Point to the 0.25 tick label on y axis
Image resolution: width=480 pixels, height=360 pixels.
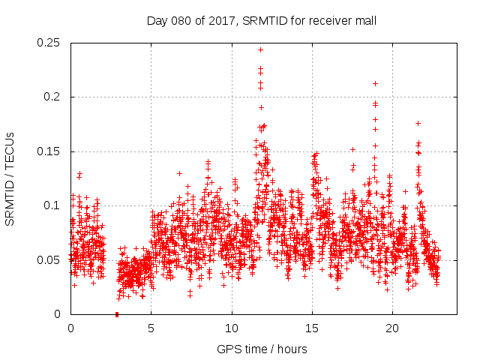click(x=50, y=43)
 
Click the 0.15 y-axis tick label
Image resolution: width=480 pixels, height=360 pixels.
click(x=50, y=151)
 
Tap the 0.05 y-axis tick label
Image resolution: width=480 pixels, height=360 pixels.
click(x=50, y=260)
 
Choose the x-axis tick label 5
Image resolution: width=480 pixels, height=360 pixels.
click(x=151, y=328)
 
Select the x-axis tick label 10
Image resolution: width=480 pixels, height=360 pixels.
click(x=232, y=328)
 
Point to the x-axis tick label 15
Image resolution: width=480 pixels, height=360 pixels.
click(x=312, y=328)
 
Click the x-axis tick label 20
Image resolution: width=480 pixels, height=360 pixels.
click(x=392, y=328)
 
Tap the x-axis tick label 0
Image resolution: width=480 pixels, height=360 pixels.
click(x=70, y=328)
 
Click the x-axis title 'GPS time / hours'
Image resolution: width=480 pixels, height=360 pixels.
click(x=262, y=349)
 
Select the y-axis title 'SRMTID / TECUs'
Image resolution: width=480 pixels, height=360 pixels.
click(x=10, y=178)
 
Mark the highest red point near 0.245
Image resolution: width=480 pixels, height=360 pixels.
click(x=260, y=49)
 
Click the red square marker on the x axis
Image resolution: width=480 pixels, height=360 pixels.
click(x=116, y=314)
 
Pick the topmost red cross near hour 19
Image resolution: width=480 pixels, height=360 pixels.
click(x=375, y=83)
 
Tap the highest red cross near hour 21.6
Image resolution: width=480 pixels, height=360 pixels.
click(x=418, y=123)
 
